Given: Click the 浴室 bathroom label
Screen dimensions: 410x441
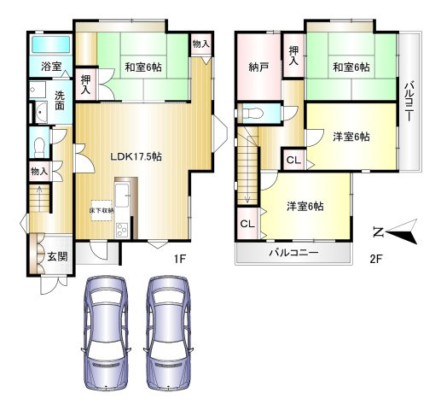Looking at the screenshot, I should point(50,67).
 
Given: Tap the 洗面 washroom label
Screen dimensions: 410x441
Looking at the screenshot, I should point(60,100).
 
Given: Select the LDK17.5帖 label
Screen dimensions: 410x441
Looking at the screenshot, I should point(136,156).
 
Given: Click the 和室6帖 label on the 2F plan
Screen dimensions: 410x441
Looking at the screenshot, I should point(351,67).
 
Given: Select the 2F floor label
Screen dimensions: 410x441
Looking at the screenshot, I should point(376,257).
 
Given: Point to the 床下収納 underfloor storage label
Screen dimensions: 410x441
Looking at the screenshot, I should point(102,208).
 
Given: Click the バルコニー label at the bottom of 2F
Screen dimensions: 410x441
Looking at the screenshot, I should point(293,254).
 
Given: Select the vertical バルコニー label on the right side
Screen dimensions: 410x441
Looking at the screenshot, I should point(409,101).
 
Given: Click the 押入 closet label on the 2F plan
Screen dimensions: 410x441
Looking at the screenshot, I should point(293,57).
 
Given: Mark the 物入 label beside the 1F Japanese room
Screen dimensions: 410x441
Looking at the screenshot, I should point(201,43).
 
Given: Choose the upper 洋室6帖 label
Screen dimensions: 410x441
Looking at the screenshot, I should point(351,137).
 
